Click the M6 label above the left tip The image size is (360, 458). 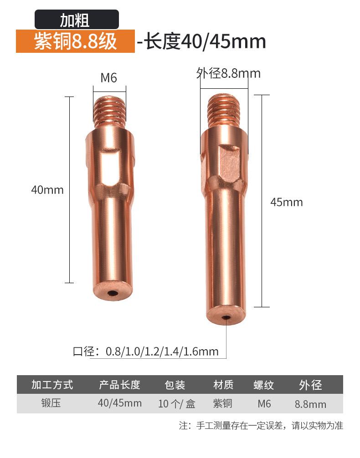coord(109,78)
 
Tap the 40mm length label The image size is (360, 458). coord(47,189)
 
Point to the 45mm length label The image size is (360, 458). coord(286,202)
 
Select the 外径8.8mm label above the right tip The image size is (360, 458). coord(228,73)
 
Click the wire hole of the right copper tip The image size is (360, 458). coord(226,317)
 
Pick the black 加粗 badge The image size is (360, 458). coord(77,20)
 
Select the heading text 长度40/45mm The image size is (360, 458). coord(204,41)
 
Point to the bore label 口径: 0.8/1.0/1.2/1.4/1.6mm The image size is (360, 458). coord(146,351)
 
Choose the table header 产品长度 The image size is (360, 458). coord(119,385)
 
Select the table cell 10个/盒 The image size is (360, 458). coord(177,404)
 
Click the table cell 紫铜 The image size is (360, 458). coord(223,403)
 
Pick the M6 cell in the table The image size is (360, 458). coord(264,403)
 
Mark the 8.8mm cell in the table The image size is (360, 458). coord(310,404)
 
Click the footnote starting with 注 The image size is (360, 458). coord(261,426)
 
